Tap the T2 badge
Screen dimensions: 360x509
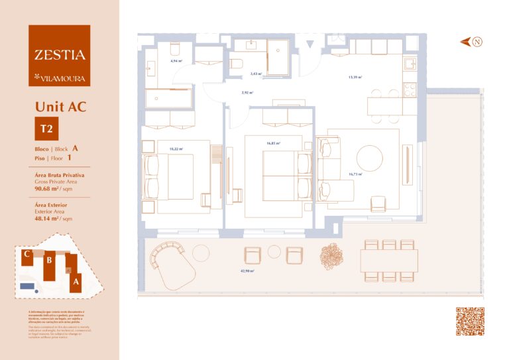(x=46, y=128)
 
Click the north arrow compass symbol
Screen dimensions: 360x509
(x=472, y=42)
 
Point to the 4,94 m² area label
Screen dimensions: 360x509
(x=176, y=61)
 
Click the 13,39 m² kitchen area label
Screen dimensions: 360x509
(x=355, y=77)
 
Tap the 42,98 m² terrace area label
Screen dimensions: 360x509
(x=249, y=270)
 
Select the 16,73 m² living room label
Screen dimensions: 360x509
(x=355, y=174)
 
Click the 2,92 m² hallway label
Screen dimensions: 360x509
(x=248, y=93)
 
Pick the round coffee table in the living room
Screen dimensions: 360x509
(x=369, y=158)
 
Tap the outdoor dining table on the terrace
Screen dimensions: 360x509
(x=389, y=260)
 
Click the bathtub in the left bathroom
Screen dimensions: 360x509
(x=168, y=98)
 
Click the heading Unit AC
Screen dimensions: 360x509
(x=60, y=106)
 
